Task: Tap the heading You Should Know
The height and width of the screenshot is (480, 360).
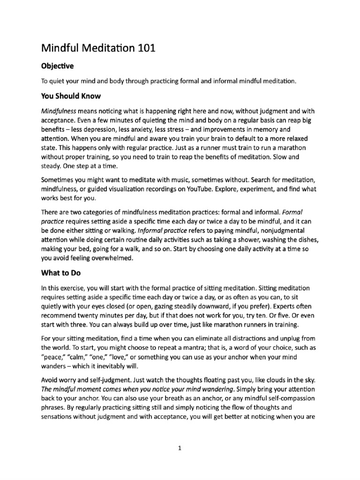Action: pos(71,96)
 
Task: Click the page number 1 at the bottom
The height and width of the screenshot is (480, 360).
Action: pos(180,448)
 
